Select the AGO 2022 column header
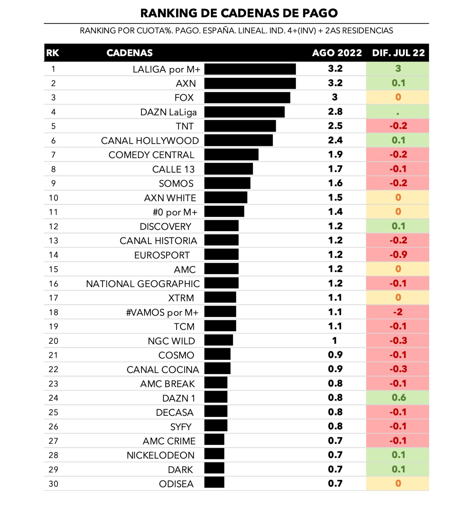tap(337, 53)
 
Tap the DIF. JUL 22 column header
tap(398, 53)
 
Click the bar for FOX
tap(247, 98)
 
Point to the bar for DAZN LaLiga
tap(244, 112)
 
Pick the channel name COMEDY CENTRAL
tap(151, 155)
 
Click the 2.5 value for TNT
tap(335, 126)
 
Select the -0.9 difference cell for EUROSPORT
tap(398, 255)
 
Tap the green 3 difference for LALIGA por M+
tap(398, 69)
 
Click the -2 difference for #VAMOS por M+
tap(398, 312)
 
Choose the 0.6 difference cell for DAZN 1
tap(398, 398)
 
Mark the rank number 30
tap(53, 484)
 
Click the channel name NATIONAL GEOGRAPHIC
tap(143, 284)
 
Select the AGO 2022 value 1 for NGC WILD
tap(334, 341)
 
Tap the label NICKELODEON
tap(160, 455)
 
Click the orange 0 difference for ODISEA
tap(398, 483)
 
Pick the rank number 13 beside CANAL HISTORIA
tap(53, 241)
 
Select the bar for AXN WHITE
tap(226, 198)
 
